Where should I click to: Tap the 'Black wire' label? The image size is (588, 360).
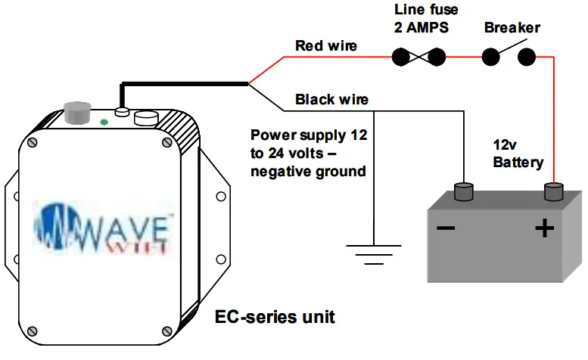[331, 100]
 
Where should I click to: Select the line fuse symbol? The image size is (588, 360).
[417, 56]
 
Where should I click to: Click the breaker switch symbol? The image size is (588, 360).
[509, 55]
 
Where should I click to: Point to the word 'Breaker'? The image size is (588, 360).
[512, 28]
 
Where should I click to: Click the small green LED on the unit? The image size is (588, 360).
[103, 121]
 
